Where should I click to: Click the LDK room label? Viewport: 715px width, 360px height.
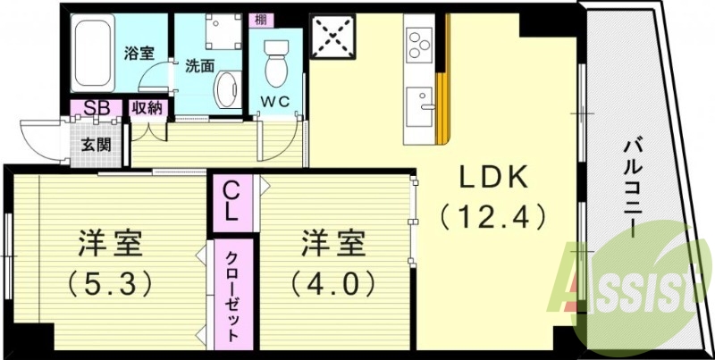(x=494, y=178)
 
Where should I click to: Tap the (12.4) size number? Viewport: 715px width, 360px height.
(x=493, y=215)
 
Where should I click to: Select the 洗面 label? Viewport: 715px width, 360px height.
(x=198, y=65)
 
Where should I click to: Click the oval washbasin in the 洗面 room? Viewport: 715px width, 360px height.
(x=227, y=89)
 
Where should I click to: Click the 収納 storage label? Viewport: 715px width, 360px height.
(x=147, y=108)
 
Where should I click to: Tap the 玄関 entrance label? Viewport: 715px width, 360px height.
(x=96, y=142)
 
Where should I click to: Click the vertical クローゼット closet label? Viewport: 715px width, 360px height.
(x=231, y=294)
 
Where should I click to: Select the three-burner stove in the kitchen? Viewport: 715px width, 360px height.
(x=419, y=43)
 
